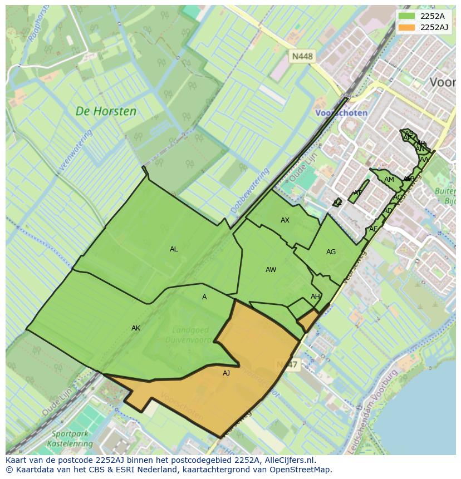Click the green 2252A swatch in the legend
coord(406,16)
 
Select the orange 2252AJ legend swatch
coord(406,27)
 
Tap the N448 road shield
coord(302,56)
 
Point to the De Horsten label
coord(106,111)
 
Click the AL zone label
coord(174,249)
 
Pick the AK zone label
coord(136,328)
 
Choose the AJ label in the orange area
coord(226,373)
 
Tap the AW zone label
coord(271,270)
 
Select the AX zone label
coord(285,220)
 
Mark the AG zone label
coord(331,252)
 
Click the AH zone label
coord(315,297)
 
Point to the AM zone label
coord(389,180)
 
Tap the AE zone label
coord(373,229)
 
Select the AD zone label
coord(387,211)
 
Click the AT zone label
coord(357,193)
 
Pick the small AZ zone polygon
coord(337,203)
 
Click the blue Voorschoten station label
coord(341,113)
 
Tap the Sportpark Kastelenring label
coord(72,439)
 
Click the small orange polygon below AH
coord(308,321)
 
